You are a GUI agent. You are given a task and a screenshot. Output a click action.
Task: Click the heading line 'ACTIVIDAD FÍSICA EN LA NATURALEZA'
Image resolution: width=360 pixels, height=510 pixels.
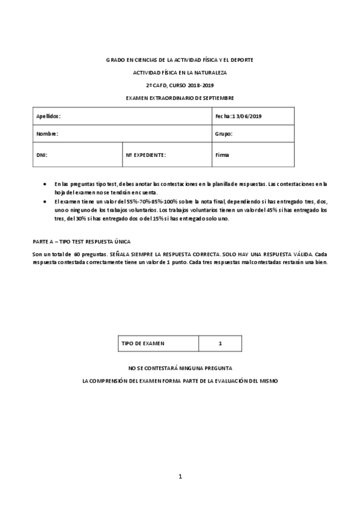tap(180, 72)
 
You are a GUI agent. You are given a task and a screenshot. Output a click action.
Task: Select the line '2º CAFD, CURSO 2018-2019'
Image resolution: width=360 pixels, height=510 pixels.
tap(180, 85)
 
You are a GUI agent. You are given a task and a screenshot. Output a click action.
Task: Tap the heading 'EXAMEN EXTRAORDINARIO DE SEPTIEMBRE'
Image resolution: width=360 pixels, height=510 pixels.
tap(180, 97)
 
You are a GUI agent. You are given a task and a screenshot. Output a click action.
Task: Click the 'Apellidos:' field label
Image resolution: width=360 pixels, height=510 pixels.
tap(49, 115)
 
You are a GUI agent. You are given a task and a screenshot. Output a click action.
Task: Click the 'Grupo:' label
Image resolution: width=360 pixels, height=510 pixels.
tap(224, 134)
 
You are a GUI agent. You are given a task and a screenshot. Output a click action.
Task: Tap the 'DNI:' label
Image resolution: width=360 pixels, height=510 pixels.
tap(42, 155)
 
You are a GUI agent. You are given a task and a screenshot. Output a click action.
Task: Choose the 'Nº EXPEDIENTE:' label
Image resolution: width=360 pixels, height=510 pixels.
tap(145, 155)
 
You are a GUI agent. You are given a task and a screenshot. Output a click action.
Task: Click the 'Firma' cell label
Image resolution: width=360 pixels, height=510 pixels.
tap(222, 155)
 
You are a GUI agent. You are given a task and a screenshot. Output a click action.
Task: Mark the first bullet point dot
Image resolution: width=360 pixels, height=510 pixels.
tap(46, 183)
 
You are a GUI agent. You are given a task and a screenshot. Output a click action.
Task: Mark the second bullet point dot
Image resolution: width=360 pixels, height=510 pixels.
tap(46, 201)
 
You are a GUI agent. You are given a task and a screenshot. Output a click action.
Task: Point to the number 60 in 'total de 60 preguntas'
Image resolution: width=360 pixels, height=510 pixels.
tap(77, 254)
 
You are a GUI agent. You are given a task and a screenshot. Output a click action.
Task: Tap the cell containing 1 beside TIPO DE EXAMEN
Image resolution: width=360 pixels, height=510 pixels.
tap(221, 343)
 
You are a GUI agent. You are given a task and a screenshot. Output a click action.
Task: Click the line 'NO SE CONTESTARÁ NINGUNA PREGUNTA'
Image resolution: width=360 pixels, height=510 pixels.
tap(180, 367)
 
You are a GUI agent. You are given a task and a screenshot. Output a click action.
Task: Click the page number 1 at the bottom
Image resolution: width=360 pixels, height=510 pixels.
tap(180, 477)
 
